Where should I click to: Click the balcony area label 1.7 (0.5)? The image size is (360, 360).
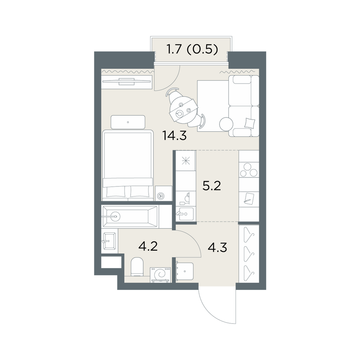[192, 50]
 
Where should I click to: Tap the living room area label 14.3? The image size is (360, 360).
[174, 135]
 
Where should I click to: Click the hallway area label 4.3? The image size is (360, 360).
[217, 248]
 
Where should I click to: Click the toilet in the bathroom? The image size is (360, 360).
[137, 266]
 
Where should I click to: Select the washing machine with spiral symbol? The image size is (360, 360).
[161, 275]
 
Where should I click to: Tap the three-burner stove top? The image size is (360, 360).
[249, 170]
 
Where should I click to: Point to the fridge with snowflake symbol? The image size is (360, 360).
[186, 161]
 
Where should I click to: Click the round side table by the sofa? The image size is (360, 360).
[226, 124]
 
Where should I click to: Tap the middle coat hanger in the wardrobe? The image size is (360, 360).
[249, 253]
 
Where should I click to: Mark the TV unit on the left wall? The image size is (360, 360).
[127, 81]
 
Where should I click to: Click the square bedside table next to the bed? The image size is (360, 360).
[164, 193]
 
